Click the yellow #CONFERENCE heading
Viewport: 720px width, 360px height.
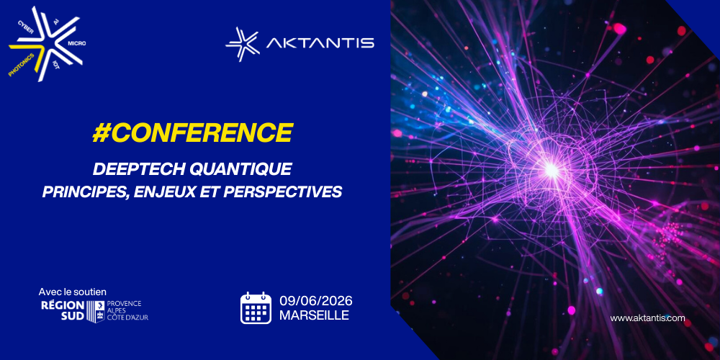(192, 132)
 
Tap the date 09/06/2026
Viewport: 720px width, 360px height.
(316, 301)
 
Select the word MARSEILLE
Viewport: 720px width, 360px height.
(314, 315)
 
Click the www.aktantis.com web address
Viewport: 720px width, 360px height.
(647, 318)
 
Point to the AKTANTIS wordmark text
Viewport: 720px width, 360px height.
(320, 43)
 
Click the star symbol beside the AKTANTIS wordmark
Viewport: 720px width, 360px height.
(243, 44)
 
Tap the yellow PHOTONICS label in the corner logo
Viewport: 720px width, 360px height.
(22, 64)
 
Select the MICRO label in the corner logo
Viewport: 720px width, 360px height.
(77, 42)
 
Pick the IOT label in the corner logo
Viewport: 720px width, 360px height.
(56, 63)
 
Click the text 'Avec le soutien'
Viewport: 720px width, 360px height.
(73, 292)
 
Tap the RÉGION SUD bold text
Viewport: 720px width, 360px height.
(63, 311)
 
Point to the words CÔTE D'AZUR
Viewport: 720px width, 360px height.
(127, 318)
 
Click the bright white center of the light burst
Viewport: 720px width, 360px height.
(550, 171)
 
